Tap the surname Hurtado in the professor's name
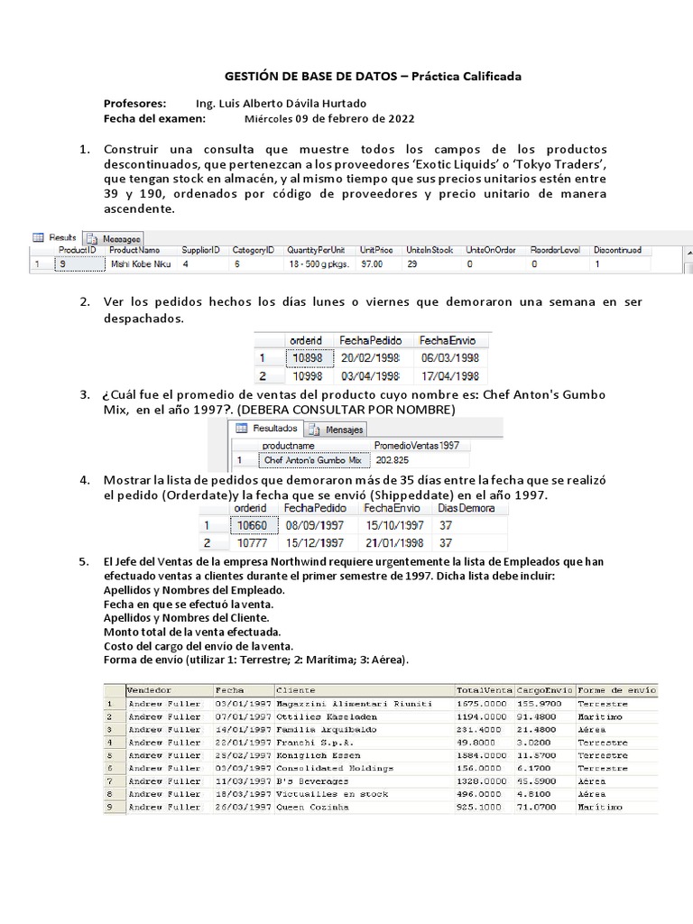342,103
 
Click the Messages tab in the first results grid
115,237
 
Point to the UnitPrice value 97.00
371,264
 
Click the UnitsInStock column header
430,249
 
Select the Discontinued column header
618,249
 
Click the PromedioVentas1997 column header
417,445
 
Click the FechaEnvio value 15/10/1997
393,525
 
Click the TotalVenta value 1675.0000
484,704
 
